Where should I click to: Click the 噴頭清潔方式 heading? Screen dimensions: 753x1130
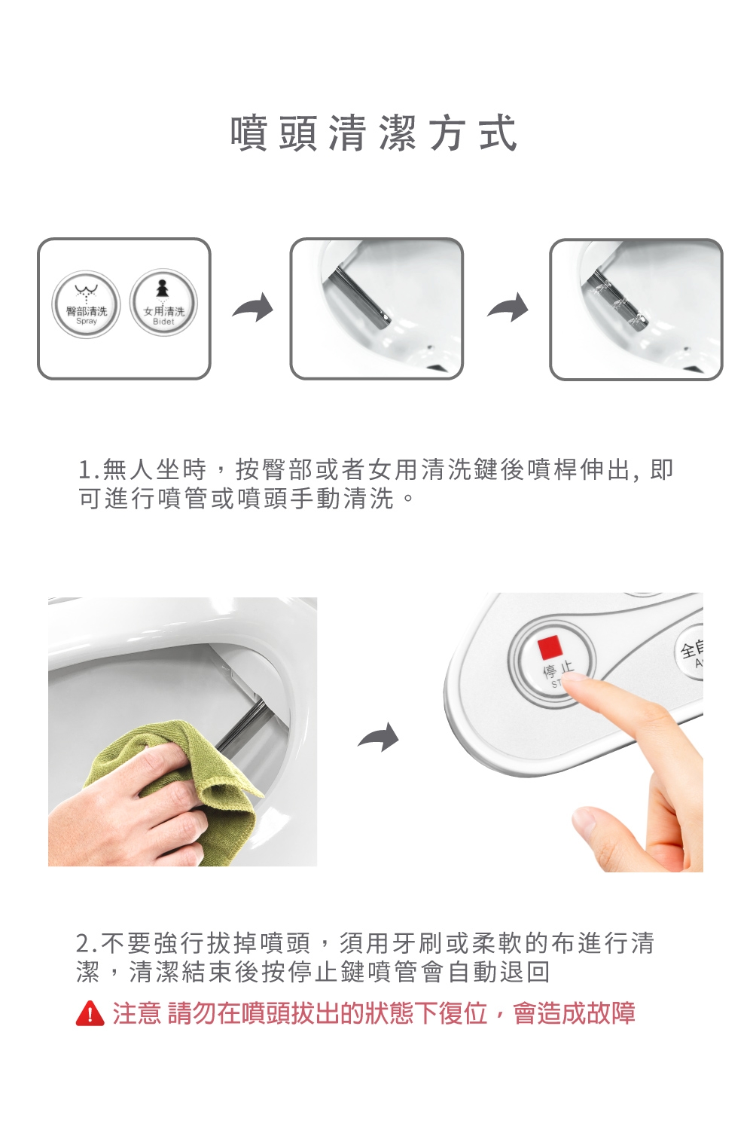[x=373, y=133]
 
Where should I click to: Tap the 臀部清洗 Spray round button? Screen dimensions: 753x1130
[x=87, y=304]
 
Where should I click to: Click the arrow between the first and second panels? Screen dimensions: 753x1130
[x=253, y=307]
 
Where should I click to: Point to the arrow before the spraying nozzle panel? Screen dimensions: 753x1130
[x=508, y=307]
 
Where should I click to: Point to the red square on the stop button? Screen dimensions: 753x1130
[x=549, y=648]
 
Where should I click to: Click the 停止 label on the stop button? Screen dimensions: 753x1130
[x=558, y=670]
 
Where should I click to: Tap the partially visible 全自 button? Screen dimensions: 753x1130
[x=690, y=652]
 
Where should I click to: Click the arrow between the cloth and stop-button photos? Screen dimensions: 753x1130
[x=378, y=738]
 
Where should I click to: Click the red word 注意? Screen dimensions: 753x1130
[x=136, y=1013]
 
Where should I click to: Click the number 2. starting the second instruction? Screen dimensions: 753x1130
[x=87, y=944]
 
